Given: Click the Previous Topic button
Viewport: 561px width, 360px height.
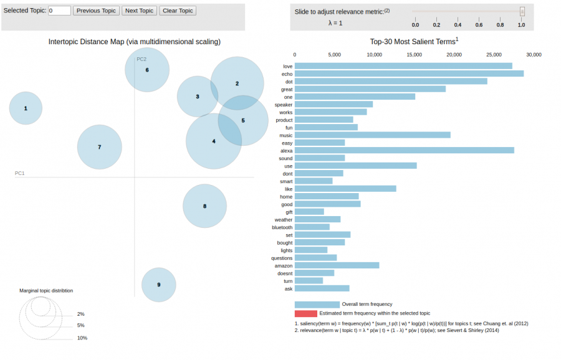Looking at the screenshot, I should pos(96,11).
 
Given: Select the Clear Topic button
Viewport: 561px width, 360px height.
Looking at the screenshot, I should pos(178,11).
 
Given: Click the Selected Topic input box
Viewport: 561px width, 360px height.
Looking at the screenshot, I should pos(59,11).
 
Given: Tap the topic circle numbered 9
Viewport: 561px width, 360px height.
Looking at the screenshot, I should pos(158,285).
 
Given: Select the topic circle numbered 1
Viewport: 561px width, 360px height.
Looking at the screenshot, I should pos(26,108).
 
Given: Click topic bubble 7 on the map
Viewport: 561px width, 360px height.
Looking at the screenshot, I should pos(99,147).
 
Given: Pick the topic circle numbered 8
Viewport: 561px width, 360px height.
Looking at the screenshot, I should pos(204,206).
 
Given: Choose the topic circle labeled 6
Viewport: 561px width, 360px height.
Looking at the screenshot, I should pos(147,70).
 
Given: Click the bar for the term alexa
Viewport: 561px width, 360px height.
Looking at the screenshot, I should pos(404,150).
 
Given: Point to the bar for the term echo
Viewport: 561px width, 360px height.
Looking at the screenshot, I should pos(409,73).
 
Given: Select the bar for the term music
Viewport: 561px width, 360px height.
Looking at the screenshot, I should pos(372,135).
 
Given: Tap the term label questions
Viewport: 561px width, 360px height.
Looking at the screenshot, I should pos(282,258).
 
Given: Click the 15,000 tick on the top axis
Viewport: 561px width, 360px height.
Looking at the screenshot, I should pos(414,55).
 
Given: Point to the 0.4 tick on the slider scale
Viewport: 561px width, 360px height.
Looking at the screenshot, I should pos(458,25).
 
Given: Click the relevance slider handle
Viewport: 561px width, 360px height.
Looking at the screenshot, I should pos(522,11).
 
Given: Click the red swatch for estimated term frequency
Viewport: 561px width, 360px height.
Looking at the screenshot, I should pos(305,313).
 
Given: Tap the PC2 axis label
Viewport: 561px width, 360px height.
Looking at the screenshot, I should pos(141,59).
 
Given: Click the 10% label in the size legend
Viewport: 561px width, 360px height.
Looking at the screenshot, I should pos(82,338).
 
